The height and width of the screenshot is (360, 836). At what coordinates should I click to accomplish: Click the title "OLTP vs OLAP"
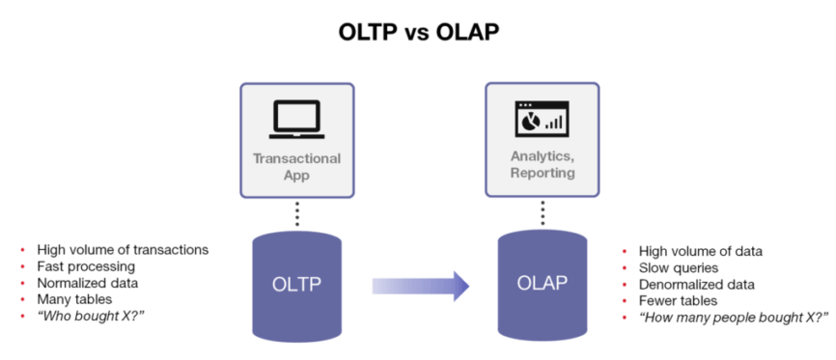[x=418, y=32]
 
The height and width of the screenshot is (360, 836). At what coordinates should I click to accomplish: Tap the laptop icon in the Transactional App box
[x=296, y=119]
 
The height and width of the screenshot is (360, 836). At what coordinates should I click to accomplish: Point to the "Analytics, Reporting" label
[x=541, y=165]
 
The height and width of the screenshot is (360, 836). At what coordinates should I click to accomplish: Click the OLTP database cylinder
[x=296, y=285]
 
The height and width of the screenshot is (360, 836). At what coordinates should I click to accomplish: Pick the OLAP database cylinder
[x=542, y=285]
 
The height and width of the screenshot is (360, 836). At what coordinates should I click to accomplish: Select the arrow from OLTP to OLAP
[x=421, y=285]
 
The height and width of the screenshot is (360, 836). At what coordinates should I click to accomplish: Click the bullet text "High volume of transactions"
[x=123, y=249]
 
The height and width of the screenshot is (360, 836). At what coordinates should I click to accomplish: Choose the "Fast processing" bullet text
[x=86, y=265]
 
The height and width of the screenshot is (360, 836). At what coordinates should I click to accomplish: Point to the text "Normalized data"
[x=88, y=283]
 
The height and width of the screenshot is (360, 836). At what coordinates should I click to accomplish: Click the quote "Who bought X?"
[x=85, y=318]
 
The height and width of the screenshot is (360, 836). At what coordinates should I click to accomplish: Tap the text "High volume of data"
[x=701, y=251]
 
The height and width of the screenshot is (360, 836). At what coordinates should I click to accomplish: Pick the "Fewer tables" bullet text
[x=678, y=301]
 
